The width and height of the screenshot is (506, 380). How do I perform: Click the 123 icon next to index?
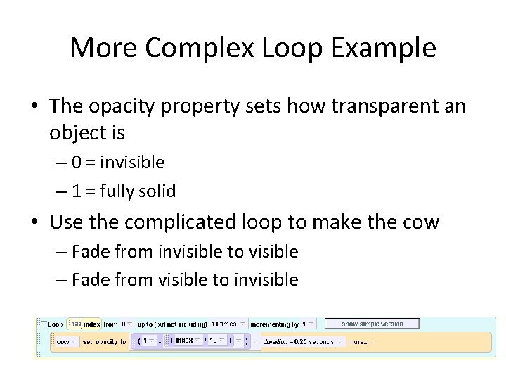pyautogui.click(x=76, y=324)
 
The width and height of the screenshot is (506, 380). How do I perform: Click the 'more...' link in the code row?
pyautogui.click(x=357, y=341)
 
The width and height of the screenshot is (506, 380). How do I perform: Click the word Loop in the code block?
pyautogui.click(x=56, y=324)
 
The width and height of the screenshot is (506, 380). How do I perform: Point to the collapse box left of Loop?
pyautogui.click(x=43, y=324)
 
